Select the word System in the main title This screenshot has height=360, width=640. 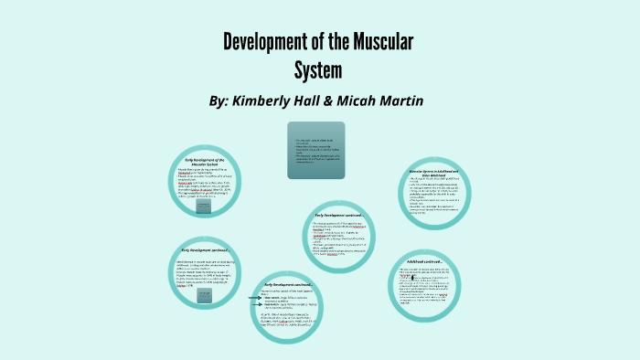319,69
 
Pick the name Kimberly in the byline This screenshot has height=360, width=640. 272,99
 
